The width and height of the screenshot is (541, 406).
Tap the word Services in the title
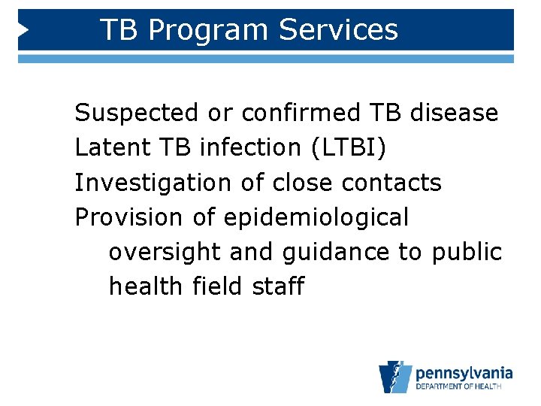pos(338,30)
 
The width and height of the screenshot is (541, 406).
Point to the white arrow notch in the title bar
pos(23,30)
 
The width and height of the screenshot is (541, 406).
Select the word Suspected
pos(138,113)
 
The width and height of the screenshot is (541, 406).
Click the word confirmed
pos(301,113)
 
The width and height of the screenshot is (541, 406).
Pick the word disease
pos(454,113)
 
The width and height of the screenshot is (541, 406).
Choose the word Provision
pos(128,217)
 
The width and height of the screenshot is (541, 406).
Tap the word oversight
pos(165,252)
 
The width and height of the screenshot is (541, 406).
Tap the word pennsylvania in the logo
pos(464,373)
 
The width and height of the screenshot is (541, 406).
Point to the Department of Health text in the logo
pos(464,387)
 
